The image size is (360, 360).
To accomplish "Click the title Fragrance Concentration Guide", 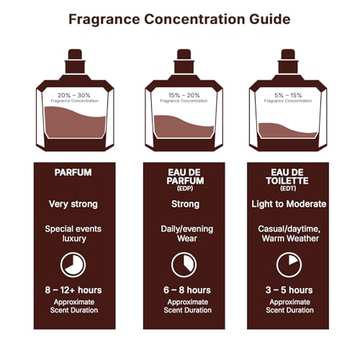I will [180, 19].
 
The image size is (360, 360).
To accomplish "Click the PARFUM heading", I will [73, 173].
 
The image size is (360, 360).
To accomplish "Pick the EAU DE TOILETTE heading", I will [287, 176].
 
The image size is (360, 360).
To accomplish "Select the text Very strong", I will [73, 204].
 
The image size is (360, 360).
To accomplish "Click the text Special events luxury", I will [73, 235].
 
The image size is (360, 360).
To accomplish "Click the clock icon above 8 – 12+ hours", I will [73, 264].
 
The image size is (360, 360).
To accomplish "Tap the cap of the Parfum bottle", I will [73, 55].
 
